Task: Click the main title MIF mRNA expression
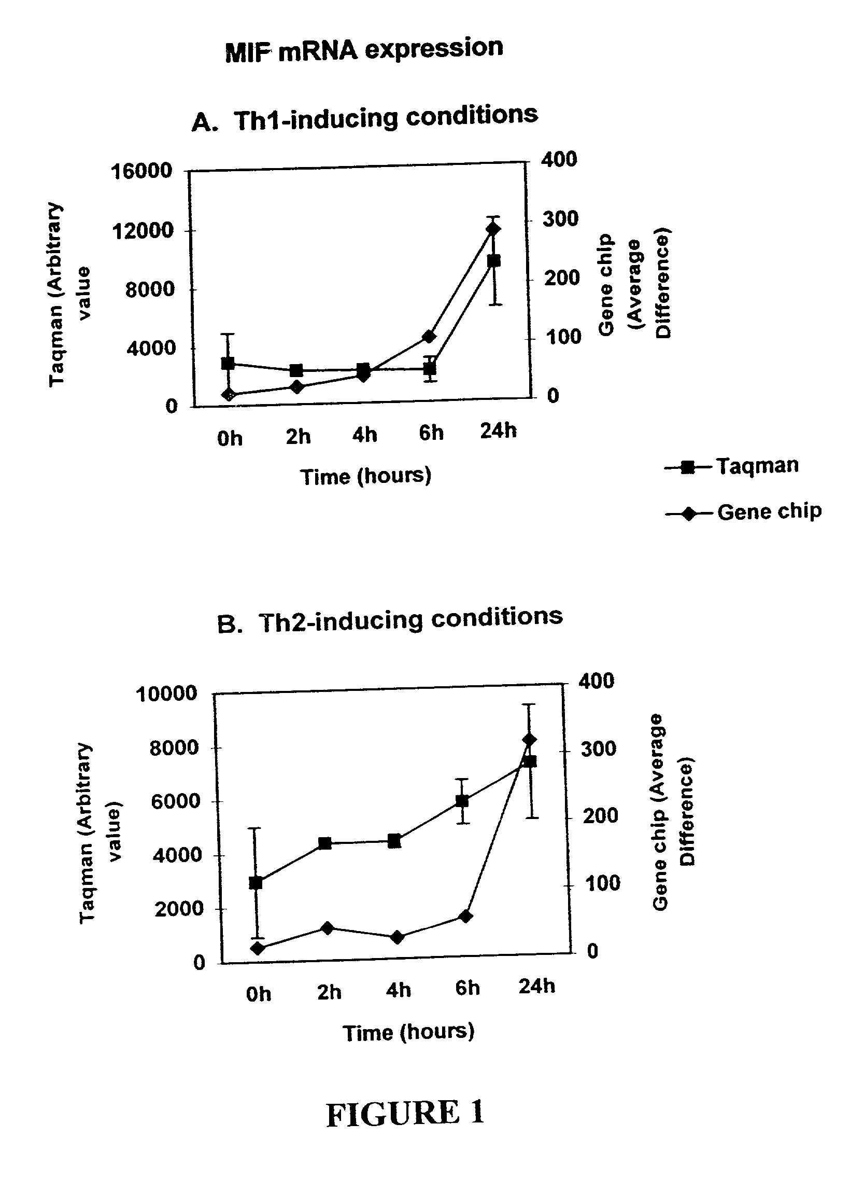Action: pos(364,51)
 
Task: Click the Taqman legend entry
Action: pos(732,465)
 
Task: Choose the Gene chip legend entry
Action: pos(743,512)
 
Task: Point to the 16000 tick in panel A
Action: pos(141,171)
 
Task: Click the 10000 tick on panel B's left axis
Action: pos(167,694)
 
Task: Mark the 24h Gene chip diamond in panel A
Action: pos(493,229)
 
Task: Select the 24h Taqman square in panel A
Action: pos(494,260)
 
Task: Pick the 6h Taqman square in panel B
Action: pos(462,801)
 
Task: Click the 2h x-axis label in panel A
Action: pos(298,436)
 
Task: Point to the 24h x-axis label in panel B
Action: pos(536,987)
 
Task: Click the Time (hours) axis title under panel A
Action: pos(365,476)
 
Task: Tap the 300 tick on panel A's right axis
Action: pos(560,219)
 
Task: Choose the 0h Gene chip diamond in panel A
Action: pos(228,395)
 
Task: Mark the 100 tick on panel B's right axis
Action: pos(602,884)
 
